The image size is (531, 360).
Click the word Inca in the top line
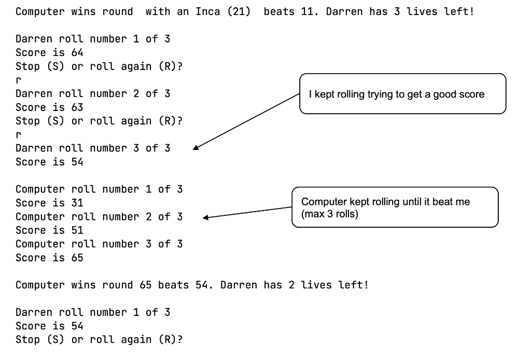(207, 11)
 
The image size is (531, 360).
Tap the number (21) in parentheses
(238, 11)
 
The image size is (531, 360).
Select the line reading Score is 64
(49, 52)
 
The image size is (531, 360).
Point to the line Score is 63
(49, 107)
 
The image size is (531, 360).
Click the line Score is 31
(49, 203)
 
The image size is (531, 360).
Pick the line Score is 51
(49, 230)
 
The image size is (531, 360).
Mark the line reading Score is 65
(49, 258)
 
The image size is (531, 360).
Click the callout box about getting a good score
(402, 94)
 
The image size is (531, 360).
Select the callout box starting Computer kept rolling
(395, 207)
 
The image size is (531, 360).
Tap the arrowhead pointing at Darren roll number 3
(197, 148)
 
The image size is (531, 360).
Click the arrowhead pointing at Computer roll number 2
(206, 217)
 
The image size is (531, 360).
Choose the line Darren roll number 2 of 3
(93, 93)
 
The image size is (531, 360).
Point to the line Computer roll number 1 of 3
(99, 189)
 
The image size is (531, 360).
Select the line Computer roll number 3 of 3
(99, 244)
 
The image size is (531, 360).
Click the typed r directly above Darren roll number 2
(19, 80)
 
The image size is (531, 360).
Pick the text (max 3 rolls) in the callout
(330, 214)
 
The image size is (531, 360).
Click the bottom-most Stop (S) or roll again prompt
(99, 340)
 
